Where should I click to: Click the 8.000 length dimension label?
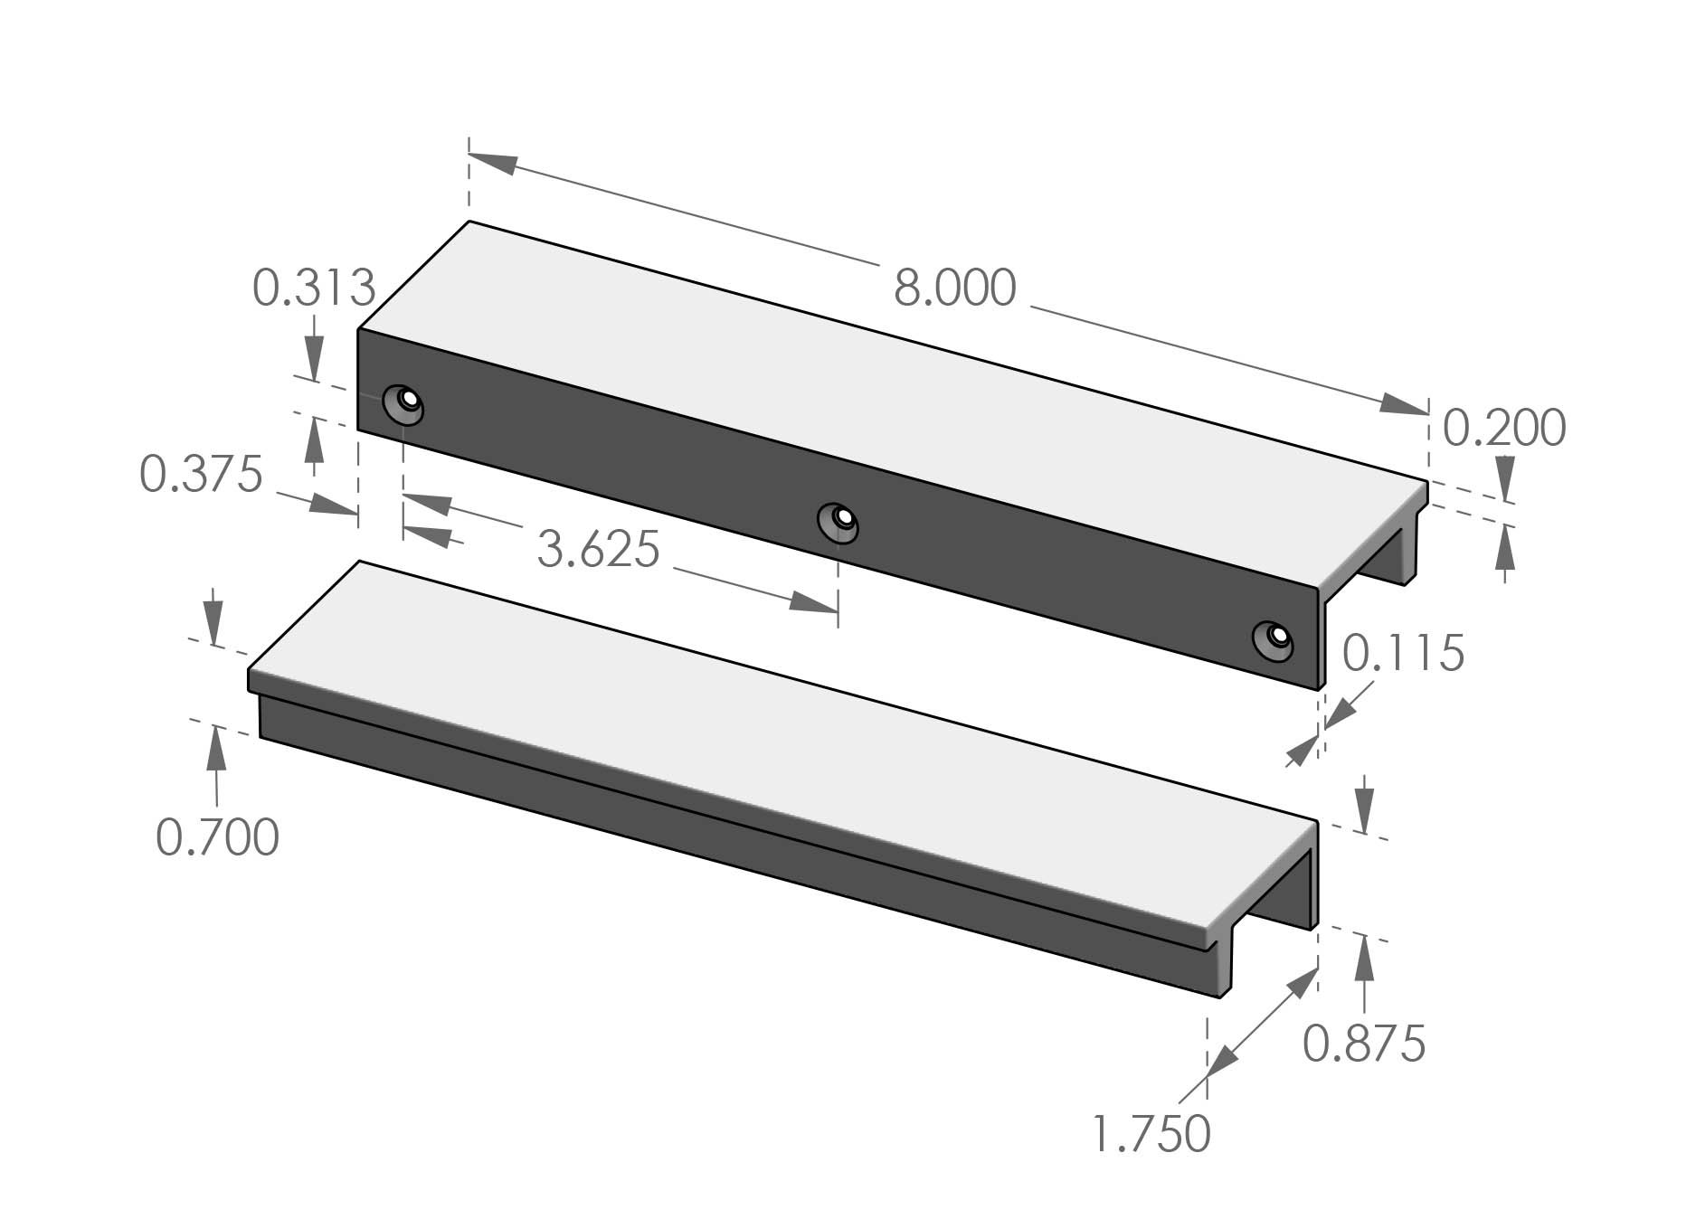(x=954, y=288)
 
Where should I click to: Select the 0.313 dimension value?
(x=313, y=288)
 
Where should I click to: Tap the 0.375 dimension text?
(x=201, y=474)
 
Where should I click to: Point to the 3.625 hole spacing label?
(x=598, y=549)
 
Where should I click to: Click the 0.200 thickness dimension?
(x=1503, y=428)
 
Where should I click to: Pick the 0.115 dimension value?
(x=1402, y=653)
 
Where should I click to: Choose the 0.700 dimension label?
(x=217, y=837)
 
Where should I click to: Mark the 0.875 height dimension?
(x=1364, y=1044)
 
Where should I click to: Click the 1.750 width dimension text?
(x=1151, y=1134)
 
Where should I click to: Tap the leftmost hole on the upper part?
(x=403, y=403)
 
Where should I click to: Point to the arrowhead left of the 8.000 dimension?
(x=494, y=164)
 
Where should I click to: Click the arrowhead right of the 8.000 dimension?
(x=1402, y=406)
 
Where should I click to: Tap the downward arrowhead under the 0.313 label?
(x=313, y=359)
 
